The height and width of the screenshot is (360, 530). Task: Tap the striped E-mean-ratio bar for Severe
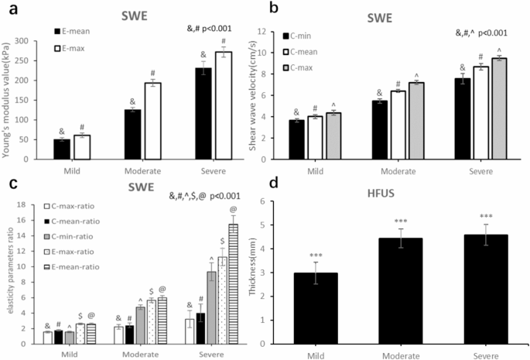232,283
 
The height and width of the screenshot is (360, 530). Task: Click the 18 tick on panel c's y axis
27,204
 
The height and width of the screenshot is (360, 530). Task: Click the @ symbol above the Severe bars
233,210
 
